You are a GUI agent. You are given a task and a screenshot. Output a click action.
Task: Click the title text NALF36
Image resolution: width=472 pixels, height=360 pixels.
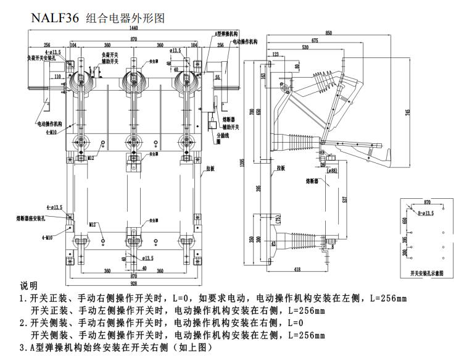[x=55, y=18]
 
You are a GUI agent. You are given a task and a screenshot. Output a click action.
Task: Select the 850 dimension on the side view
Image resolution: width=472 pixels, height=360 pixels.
[x=329, y=33]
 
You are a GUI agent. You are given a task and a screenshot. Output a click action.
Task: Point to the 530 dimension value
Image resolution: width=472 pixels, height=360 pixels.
[x=304, y=47]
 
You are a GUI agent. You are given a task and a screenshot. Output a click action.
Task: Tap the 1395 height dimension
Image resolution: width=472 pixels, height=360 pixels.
[x=242, y=162]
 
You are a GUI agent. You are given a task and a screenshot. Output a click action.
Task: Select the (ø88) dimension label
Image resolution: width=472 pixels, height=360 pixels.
[x=332, y=170]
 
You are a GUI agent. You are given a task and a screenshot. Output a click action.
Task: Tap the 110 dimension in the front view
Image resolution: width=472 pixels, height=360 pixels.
[x=57, y=77]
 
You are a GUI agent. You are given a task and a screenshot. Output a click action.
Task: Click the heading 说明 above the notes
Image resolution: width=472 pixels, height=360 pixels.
[x=29, y=287]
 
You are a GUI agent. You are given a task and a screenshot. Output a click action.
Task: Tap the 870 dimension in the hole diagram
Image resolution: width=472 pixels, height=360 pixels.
[x=428, y=202]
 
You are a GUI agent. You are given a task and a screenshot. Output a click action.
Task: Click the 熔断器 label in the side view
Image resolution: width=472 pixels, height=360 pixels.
[x=312, y=182]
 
